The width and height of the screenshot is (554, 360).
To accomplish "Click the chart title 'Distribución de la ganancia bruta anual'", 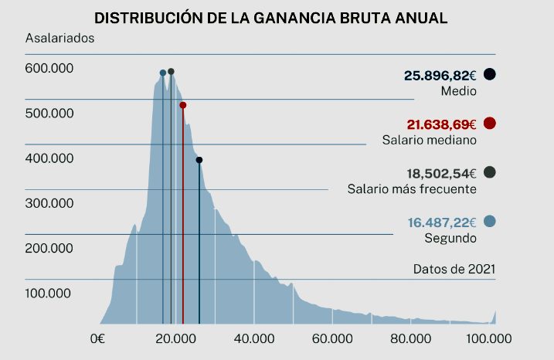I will pos(270,17).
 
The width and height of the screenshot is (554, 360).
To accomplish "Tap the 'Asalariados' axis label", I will pos(59,38).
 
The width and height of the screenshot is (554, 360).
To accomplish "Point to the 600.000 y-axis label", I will pos(49,69).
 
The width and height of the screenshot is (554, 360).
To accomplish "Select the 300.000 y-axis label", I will pos(49,203).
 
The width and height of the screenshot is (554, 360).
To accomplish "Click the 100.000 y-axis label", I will pos(49,293).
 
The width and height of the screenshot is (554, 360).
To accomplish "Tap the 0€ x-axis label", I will pos(97,338).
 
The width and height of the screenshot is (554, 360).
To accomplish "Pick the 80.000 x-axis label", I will pos(410,338).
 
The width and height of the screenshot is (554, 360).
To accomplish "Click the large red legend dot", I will pos(489,124).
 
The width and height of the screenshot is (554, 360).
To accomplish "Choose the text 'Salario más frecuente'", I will pos(412,188).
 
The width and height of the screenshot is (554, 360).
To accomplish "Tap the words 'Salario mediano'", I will pos(429,140).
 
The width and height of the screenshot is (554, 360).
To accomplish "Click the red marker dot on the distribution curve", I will pos(182,105).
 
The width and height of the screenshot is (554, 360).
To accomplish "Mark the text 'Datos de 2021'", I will pos(454,269).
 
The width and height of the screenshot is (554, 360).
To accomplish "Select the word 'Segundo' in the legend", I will pos(450,238).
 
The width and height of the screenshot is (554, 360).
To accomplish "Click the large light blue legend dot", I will pos(489,222).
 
